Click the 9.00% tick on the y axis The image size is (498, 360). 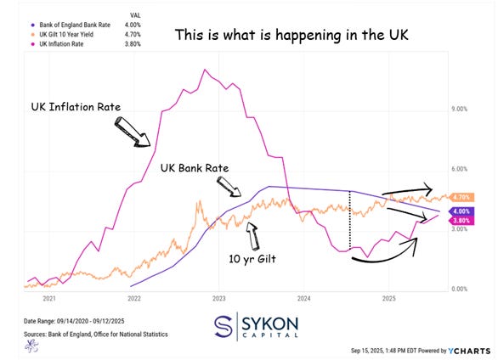(459, 109)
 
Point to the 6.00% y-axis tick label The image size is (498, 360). (459, 169)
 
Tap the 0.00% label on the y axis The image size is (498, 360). (459, 290)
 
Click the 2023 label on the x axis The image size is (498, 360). (219, 298)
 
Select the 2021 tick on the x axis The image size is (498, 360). (48, 298)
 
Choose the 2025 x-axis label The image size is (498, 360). (389, 298)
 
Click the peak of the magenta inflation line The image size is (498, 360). (203, 69)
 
